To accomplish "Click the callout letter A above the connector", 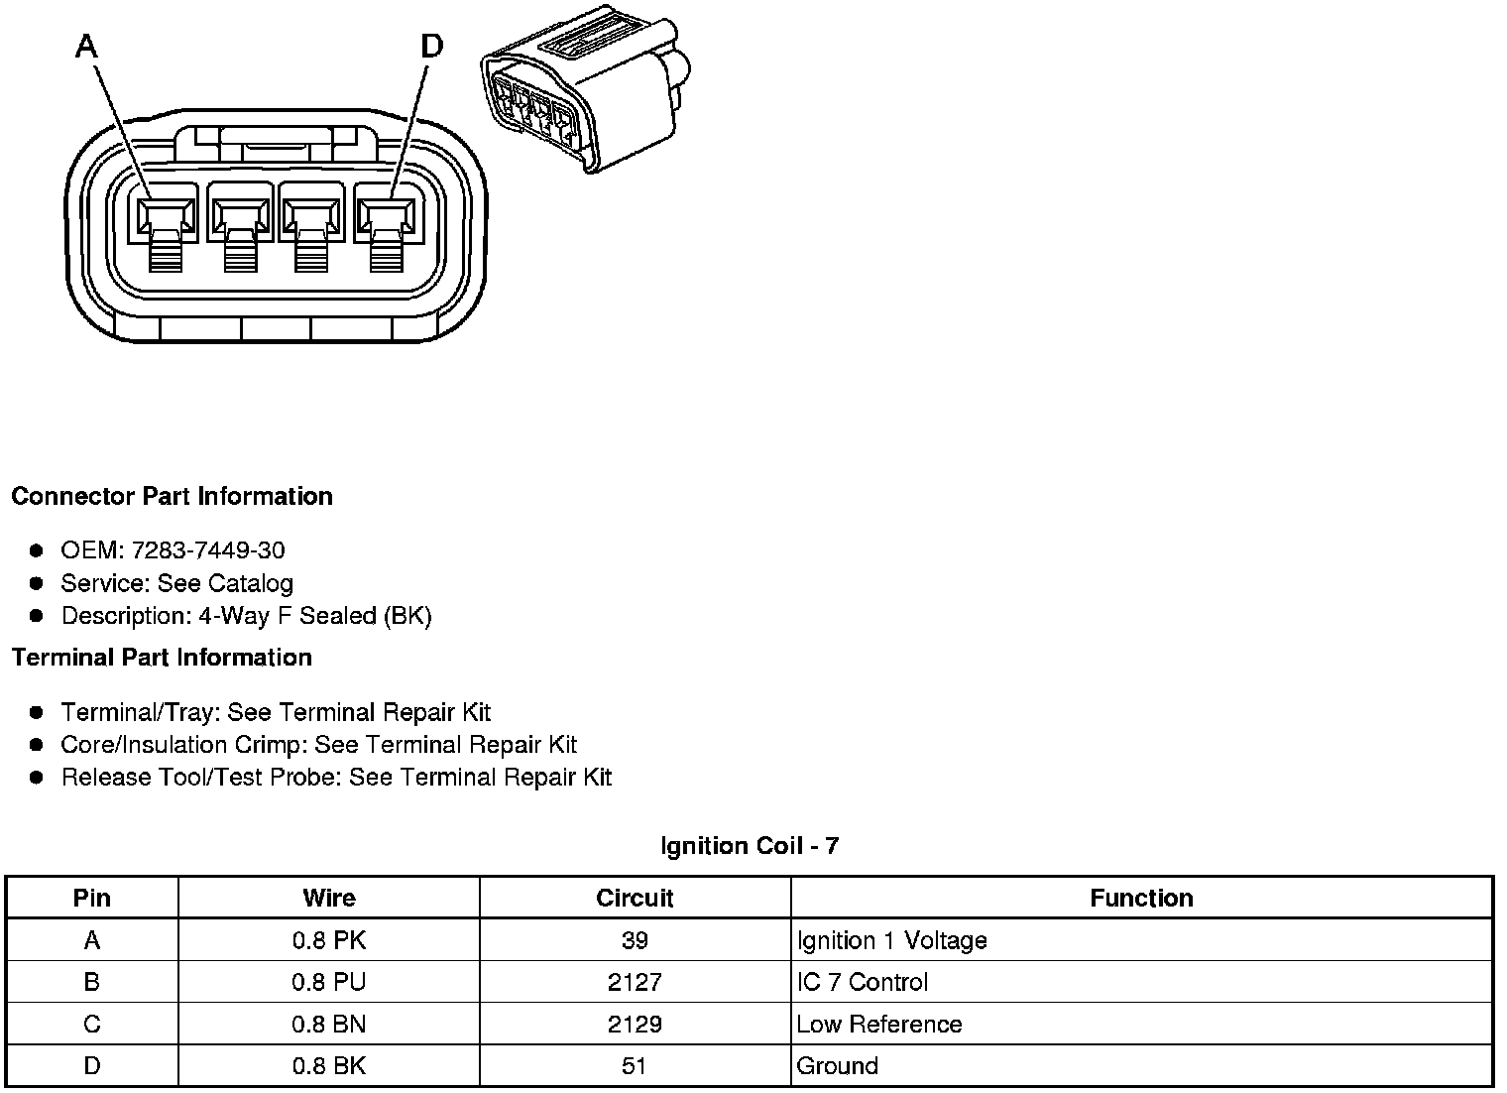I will click(87, 46).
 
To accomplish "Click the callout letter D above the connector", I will click(432, 46).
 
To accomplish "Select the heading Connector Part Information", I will click(172, 496).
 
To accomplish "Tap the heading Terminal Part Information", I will click(162, 658).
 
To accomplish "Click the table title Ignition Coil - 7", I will click(750, 846).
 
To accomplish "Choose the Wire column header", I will click(329, 899).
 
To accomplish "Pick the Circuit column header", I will click(635, 899).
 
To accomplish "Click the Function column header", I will click(1141, 899).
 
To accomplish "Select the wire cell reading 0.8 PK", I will click(329, 940).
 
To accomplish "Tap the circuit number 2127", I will click(635, 982).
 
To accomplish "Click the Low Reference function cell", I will click(879, 1024).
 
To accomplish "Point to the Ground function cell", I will click(838, 1066).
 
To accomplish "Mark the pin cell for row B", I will click(92, 982).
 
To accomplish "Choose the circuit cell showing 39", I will click(635, 940).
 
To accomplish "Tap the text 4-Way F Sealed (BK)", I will click(315, 616).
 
